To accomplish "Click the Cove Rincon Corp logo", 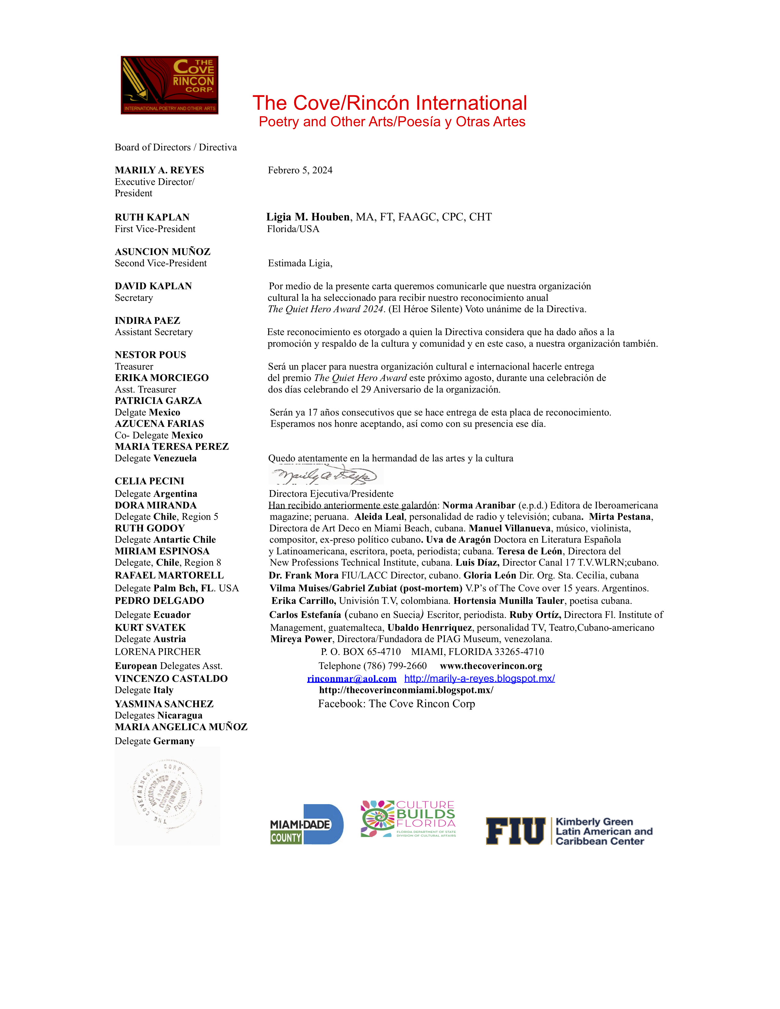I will click(x=169, y=85).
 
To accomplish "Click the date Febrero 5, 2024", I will click(x=300, y=171).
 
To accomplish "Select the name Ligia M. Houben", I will click(x=308, y=217).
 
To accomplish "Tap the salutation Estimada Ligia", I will click(x=300, y=263).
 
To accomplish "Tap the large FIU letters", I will click(x=515, y=831).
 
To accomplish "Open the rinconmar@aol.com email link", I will click(x=352, y=679).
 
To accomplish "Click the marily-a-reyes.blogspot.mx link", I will click(x=479, y=679).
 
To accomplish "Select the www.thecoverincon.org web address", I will click(x=491, y=666).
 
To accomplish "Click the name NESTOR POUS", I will click(x=150, y=355).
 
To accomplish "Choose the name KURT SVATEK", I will click(x=150, y=627).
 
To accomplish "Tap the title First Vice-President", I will click(x=155, y=229).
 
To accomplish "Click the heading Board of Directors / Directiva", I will click(x=176, y=147).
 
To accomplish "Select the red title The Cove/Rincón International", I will click(x=389, y=103).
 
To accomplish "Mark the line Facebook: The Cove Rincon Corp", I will click(x=396, y=704).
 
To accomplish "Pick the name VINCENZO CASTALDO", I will click(x=171, y=679).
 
